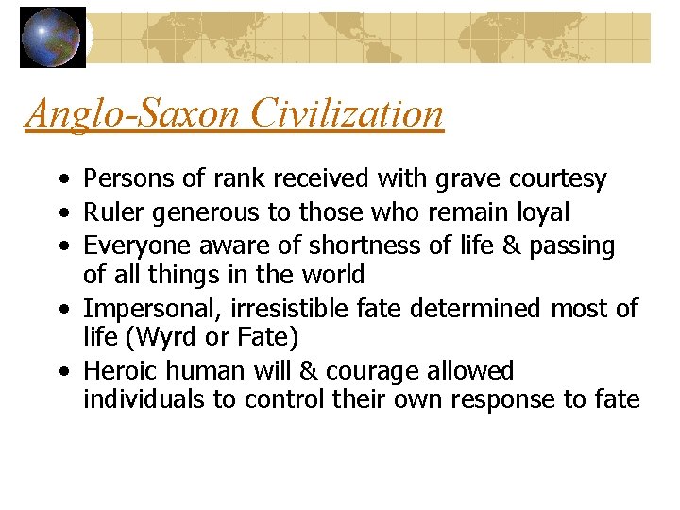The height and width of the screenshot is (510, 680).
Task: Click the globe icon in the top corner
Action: [53, 38]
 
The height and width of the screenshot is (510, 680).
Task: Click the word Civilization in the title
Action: [348, 114]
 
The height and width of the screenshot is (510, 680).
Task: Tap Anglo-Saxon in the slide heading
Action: [135, 114]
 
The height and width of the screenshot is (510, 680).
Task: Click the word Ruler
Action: [107, 212]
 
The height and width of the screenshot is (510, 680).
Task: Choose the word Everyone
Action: [126, 246]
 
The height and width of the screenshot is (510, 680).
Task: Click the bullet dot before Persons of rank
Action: [60, 179]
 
